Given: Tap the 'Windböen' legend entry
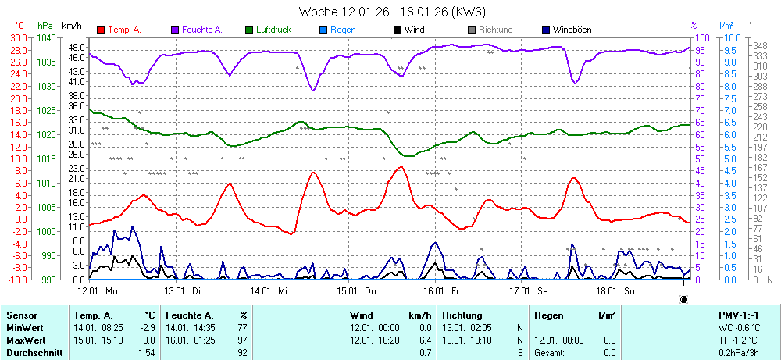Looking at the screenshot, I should [x=571, y=30].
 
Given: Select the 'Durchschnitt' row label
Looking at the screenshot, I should [x=31, y=353].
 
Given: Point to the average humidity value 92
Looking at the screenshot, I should [x=242, y=353].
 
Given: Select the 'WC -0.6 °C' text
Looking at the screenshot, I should [x=739, y=328].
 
